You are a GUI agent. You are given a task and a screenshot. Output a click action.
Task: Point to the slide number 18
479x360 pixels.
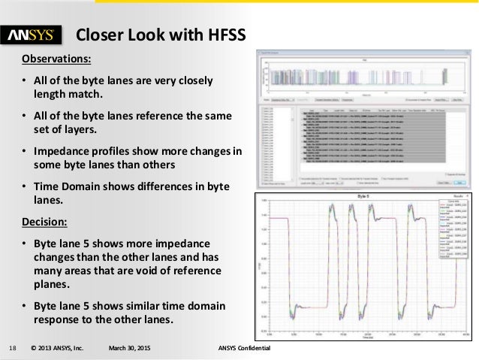12,347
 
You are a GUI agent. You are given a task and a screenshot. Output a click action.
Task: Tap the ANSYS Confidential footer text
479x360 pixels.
244,347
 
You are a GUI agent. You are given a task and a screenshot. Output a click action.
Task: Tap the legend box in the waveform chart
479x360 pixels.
456,229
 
